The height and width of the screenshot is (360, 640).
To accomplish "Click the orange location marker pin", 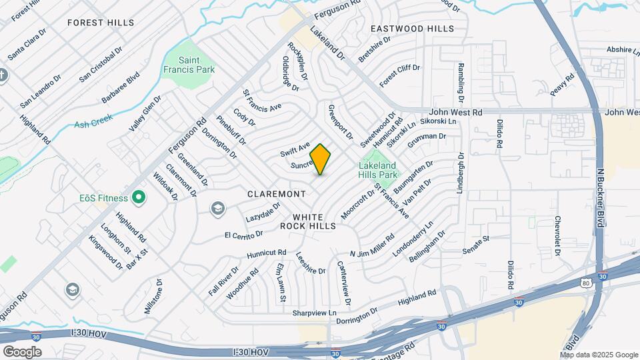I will (x=321, y=159).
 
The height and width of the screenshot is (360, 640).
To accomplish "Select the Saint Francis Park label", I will (x=187, y=64).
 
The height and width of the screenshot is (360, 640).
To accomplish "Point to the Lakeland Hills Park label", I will (x=378, y=170).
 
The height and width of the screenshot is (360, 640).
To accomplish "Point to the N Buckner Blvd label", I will (x=599, y=199).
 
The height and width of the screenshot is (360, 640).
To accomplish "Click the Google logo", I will (x=22, y=351).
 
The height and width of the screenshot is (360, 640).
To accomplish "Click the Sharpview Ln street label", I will (x=315, y=312).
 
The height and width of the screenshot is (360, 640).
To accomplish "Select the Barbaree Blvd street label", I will (x=121, y=88).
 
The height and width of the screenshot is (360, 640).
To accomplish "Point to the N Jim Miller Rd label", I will (x=371, y=245).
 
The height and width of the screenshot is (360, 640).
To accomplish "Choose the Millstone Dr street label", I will (x=153, y=297).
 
